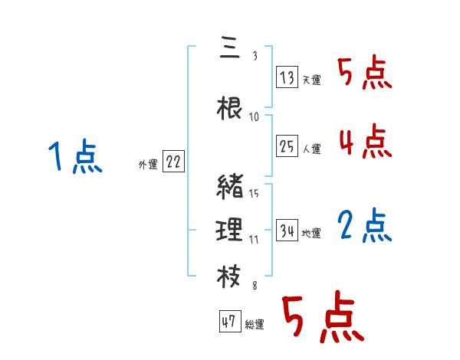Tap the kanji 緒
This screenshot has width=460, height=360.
click(x=230, y=187)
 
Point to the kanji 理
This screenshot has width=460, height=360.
click(x=230, y=228)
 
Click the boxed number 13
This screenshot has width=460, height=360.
click(x=287, y=77)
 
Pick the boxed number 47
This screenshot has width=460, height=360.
click(x=229, y=322)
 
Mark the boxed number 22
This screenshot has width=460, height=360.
click(x=173, y=162)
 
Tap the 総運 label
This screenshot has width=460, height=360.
click(x=254, y=325)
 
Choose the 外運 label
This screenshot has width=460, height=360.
click(x=148, y=164)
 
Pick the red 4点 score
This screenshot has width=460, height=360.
click(x=364, y=142)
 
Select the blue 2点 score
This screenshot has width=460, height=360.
click(x=364, y=226)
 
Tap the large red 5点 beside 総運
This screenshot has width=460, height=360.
click(x=322, y=318)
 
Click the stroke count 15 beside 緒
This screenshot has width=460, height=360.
click(x=254, y=193)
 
